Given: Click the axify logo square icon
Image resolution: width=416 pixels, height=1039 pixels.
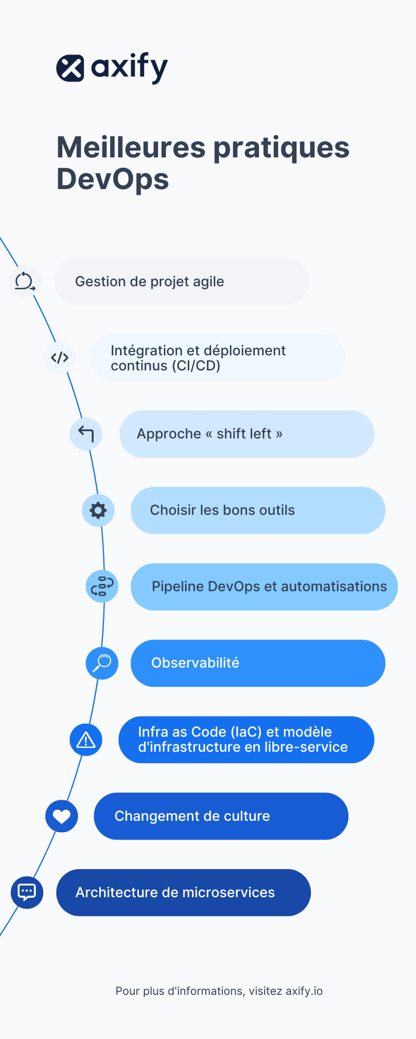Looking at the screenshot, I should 70,68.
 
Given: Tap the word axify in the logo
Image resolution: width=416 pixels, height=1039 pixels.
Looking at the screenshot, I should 129,68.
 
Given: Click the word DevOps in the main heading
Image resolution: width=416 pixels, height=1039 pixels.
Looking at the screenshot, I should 112,179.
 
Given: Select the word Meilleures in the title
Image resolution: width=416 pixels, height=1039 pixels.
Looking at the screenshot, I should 131,148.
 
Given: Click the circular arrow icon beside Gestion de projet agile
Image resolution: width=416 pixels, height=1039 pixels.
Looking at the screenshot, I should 25,282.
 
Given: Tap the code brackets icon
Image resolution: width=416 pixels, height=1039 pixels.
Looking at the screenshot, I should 60,357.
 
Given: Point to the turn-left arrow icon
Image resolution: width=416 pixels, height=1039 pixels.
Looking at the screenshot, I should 86,434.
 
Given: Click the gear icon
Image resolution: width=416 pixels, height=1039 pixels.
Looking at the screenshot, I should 98,510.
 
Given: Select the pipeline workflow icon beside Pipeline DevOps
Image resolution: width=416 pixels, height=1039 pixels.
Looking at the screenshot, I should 102,587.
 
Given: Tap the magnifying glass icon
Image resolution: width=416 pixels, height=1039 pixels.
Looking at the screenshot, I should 102,663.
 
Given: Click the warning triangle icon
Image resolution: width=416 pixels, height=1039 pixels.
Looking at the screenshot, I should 86,740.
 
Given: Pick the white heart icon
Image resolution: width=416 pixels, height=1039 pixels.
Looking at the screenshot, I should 61,816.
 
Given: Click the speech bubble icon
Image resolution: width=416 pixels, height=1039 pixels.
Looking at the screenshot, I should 27,892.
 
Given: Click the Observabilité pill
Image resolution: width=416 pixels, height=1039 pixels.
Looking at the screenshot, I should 257,663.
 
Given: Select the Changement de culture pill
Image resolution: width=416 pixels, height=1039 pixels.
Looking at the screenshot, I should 220,816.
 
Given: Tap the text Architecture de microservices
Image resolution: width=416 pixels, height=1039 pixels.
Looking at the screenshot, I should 175,893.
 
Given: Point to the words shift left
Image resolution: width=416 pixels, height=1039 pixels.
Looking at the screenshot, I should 244,434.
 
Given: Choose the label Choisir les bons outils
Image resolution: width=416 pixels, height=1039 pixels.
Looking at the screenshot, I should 222,510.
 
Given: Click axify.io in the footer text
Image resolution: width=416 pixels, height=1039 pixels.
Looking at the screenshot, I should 304,991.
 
